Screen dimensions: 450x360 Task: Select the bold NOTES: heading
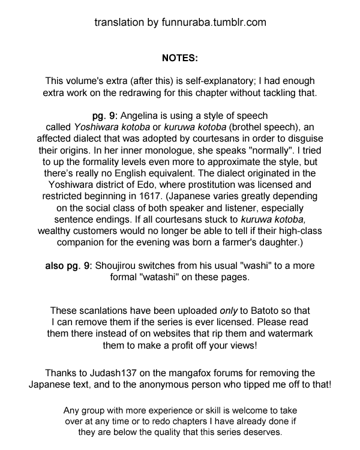click(180, 58)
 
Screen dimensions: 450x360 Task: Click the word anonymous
click(173, 384)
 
